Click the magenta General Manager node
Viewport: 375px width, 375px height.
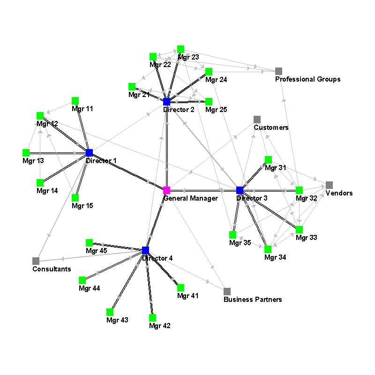[166, 190]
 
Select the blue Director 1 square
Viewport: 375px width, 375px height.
[90, 153]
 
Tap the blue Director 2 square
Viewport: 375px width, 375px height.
[166, 102]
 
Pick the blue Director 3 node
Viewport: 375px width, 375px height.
[240, 190]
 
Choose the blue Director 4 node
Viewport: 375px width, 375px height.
[145, 250]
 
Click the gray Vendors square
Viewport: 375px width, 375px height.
[329, 185]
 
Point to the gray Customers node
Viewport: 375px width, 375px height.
[257, 119]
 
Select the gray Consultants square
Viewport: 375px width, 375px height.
[36, 261]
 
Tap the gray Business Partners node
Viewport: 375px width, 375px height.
[227, 291]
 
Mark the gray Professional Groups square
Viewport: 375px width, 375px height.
[279, 71]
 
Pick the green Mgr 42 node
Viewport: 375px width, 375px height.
[152, 317]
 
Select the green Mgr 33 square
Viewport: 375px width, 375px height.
[300, 229]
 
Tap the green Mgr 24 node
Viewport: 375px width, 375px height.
[209, 71]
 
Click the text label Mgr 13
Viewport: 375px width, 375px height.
[33, 161]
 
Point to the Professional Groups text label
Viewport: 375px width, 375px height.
[307, 79]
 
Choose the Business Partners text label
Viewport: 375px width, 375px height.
[253, 300]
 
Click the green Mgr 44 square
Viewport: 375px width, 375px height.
[82, 280]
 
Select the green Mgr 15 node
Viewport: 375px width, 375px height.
[75, 197]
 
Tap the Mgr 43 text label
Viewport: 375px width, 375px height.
[117, 320]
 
